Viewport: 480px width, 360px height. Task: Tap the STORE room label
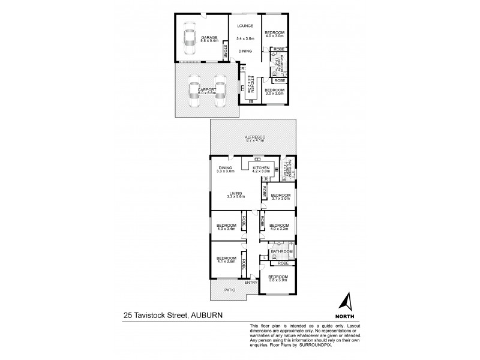224,50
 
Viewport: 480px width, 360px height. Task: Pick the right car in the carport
220,90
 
